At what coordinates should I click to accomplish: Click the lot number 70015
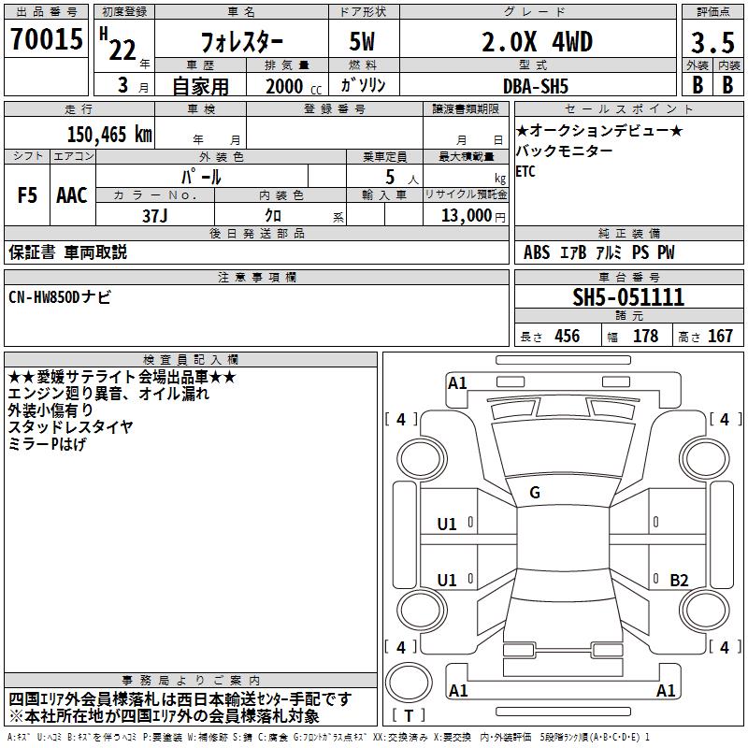point(46,40)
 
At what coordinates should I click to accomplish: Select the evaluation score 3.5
point(712,42)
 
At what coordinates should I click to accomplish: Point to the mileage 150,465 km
point(109,134)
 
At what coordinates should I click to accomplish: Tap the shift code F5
point(27,195)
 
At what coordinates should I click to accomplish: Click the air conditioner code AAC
point(72,195)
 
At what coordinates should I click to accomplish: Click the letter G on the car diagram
point(535,492)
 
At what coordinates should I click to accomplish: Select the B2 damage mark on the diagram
point(679,581)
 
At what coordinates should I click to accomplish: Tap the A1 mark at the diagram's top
point(457,383)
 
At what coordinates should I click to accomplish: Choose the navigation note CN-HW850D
point(59,296)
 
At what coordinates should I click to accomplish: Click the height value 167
point(719,337)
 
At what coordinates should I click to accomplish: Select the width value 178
point(645,337)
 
